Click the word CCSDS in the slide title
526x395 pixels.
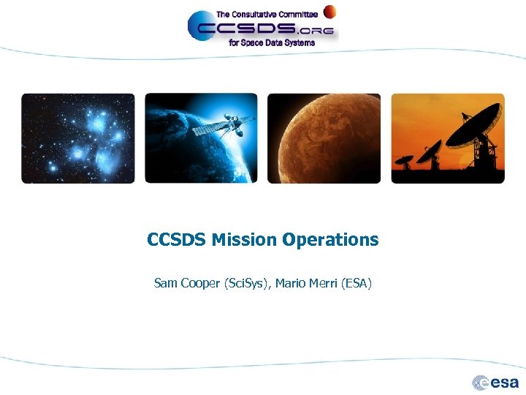177,240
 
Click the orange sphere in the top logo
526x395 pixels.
330,11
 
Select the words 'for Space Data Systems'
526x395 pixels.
272,43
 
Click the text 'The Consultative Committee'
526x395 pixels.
267,14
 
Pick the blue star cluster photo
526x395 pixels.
78,138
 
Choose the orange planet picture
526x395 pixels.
324,138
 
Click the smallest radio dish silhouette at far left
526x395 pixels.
403,159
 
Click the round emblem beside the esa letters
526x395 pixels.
481,382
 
